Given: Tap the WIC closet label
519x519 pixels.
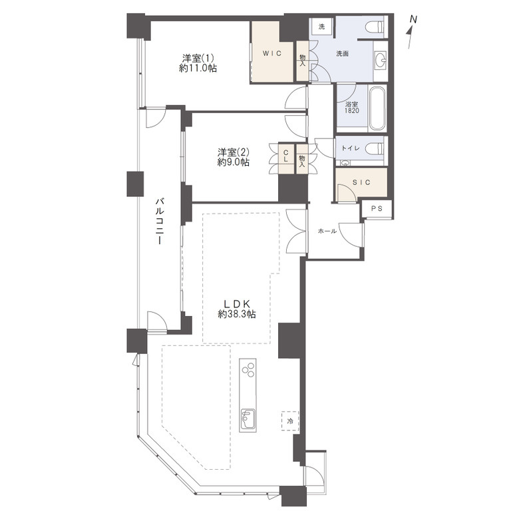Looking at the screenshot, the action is click(x=271, y=53).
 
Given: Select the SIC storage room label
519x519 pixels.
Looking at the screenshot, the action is click(x=361, y=182).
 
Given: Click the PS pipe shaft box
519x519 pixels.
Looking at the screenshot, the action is click(x=377, y=209).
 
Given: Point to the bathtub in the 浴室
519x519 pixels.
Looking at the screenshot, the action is click(x=377, y=108).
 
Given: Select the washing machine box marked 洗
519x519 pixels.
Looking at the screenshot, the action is click(x=322, y=27).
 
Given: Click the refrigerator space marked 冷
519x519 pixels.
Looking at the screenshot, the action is click(x=290, y=421).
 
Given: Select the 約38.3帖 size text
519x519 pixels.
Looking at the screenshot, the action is click(x=237, y=314).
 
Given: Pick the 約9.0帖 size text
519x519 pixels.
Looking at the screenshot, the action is click(x=234, y=162).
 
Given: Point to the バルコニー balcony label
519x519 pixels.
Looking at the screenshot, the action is click(x=160, y=221).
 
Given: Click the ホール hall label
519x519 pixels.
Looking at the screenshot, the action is click(x=327, y=231).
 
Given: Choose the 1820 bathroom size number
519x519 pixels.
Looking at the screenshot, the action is click(x=352, y=111).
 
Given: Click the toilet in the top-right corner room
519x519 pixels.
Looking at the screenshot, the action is click(x=375, y=26).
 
